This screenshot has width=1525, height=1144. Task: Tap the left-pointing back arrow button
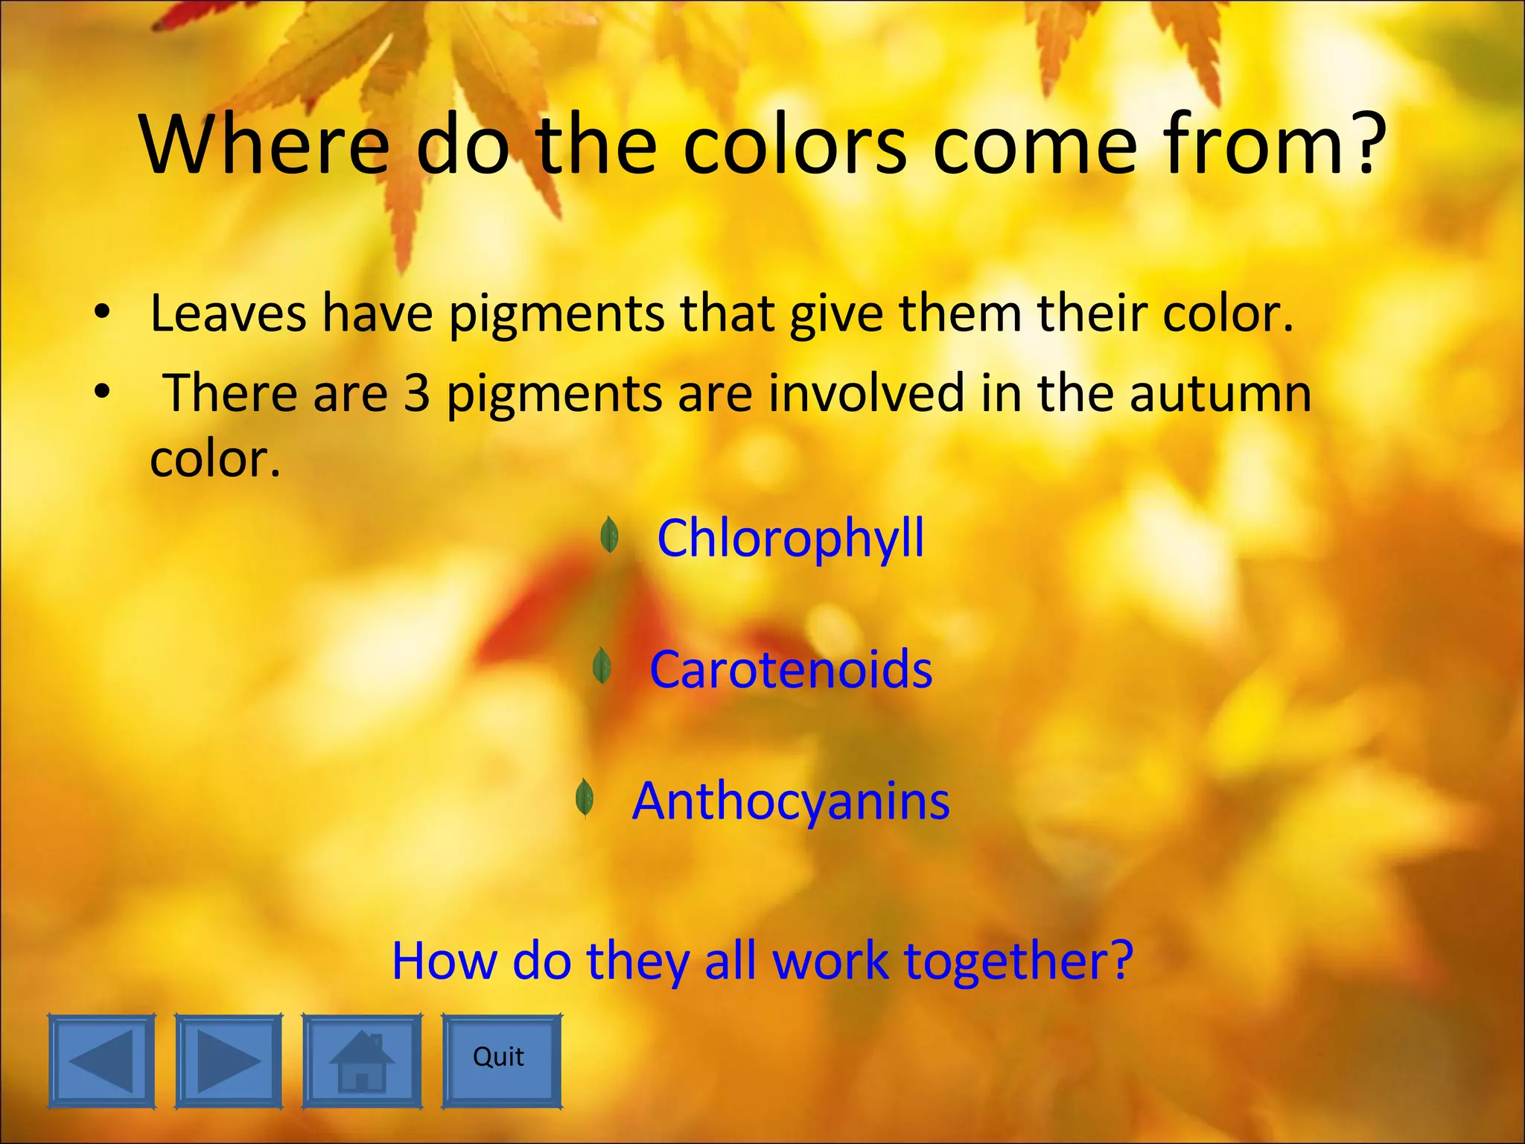click(102, 1061)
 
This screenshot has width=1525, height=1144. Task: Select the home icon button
click(362, 1061)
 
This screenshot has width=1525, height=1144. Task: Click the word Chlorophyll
click(790, 538)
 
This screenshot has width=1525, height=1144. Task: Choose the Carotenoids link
click(790, 669)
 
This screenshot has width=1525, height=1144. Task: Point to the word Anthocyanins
click(790, 801)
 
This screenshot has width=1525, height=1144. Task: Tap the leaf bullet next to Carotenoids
click(602, 665)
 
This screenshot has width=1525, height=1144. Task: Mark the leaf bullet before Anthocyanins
click(585, 797)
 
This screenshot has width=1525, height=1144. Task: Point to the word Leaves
click(228, 314)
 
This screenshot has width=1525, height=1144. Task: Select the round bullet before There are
click(103, 391)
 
